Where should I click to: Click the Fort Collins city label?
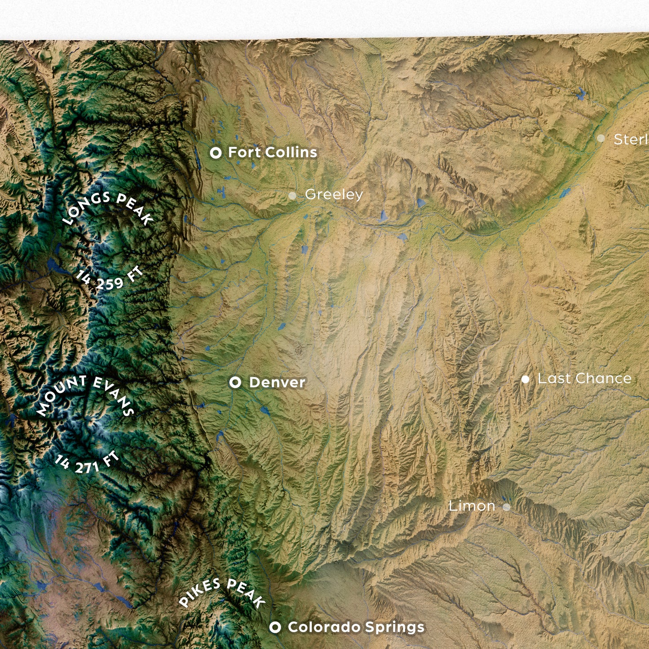click(272, 152)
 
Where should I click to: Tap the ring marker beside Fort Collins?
click(216, 153)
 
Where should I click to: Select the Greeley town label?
click(334, 194)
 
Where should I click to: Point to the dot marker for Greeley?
click(292, 195)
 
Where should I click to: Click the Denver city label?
click(277, 383)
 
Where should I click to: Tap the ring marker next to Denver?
click(235, 383)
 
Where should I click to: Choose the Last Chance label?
click(584, 379)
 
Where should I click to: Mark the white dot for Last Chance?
click(525, 380)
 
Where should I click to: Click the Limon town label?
click(472, 506)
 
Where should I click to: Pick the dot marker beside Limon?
click(507, 507)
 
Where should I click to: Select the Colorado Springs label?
click(356, 627)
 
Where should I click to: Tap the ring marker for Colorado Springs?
click(275, 627)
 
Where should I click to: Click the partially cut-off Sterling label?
click(631, 140)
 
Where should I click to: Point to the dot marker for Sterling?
click(600, 138)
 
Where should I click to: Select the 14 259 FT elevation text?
click(109, 281)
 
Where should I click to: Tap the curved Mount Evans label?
click(85, 393)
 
